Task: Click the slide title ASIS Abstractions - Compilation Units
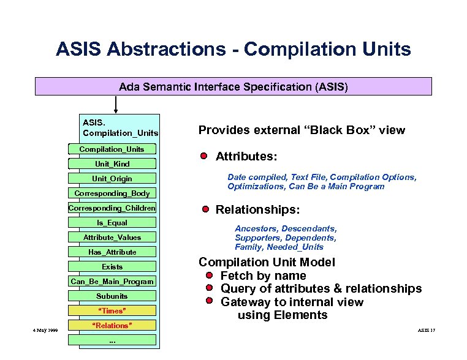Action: [x=233, y=49]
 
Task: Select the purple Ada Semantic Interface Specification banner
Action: [x=233, y=87]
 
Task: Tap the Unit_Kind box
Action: [x=112, y=164]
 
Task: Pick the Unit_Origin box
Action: [x=112, y=179]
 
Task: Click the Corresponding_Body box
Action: [x=112, y=193]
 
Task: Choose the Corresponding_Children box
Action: [x=112, y=208]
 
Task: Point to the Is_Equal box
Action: [x=112, y=223]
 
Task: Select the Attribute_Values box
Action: [x=112, y=238]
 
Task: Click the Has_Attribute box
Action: [x=112, y=252]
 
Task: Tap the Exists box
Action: [x=112, y=267]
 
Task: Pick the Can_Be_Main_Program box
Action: [x=112, y=282]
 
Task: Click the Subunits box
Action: [x=112, y=296]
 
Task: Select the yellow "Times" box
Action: [x=112, y=311]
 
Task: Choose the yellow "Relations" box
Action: [x=112, y=326]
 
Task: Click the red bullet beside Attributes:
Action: [x=204, y=156]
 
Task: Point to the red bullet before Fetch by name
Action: [x=210, y=276]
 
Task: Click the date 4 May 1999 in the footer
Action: [x=45, y=330]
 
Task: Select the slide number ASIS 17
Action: [x=427, y=330]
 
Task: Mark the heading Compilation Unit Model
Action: [x=267, y=262]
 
